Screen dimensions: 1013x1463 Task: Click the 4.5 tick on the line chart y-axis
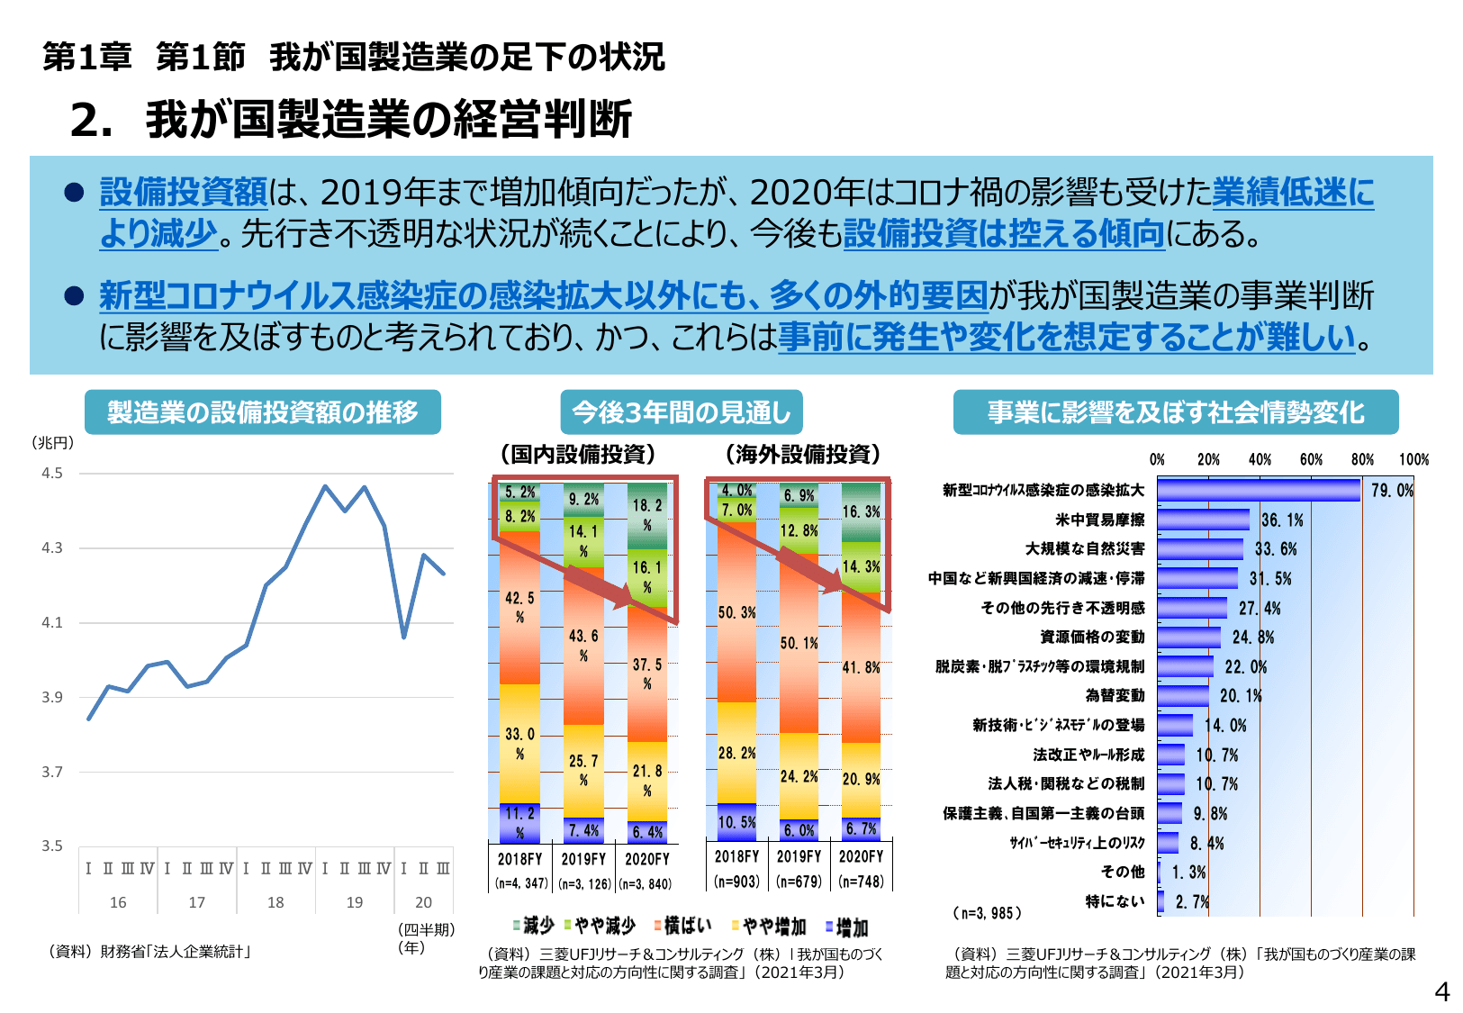pos(52,473)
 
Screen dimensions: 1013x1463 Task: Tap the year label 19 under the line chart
pos(355,902)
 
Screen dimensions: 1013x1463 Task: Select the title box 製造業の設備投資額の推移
pos(263,412)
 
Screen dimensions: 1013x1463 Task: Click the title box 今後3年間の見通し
pos(681,412)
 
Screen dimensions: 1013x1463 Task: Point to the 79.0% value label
pos(1392,491)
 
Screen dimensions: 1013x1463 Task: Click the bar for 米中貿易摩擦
pos(1203,520)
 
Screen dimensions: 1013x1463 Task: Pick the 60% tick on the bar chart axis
pos(1311,459)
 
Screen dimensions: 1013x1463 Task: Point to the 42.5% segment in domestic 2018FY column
pos(519,607)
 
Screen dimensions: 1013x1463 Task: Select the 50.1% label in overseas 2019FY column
pos(799,643)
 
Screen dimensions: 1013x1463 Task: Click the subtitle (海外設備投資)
pos(802,454)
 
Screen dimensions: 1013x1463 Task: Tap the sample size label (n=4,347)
pos(521,884)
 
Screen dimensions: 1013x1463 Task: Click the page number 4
pos(1441,991)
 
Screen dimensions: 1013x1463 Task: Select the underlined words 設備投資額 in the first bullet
pos(184,192)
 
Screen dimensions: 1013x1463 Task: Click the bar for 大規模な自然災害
pos(1199,549)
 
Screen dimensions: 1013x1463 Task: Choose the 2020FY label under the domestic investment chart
pos(647,859)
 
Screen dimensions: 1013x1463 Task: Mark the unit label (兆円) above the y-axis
pos(53,442)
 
